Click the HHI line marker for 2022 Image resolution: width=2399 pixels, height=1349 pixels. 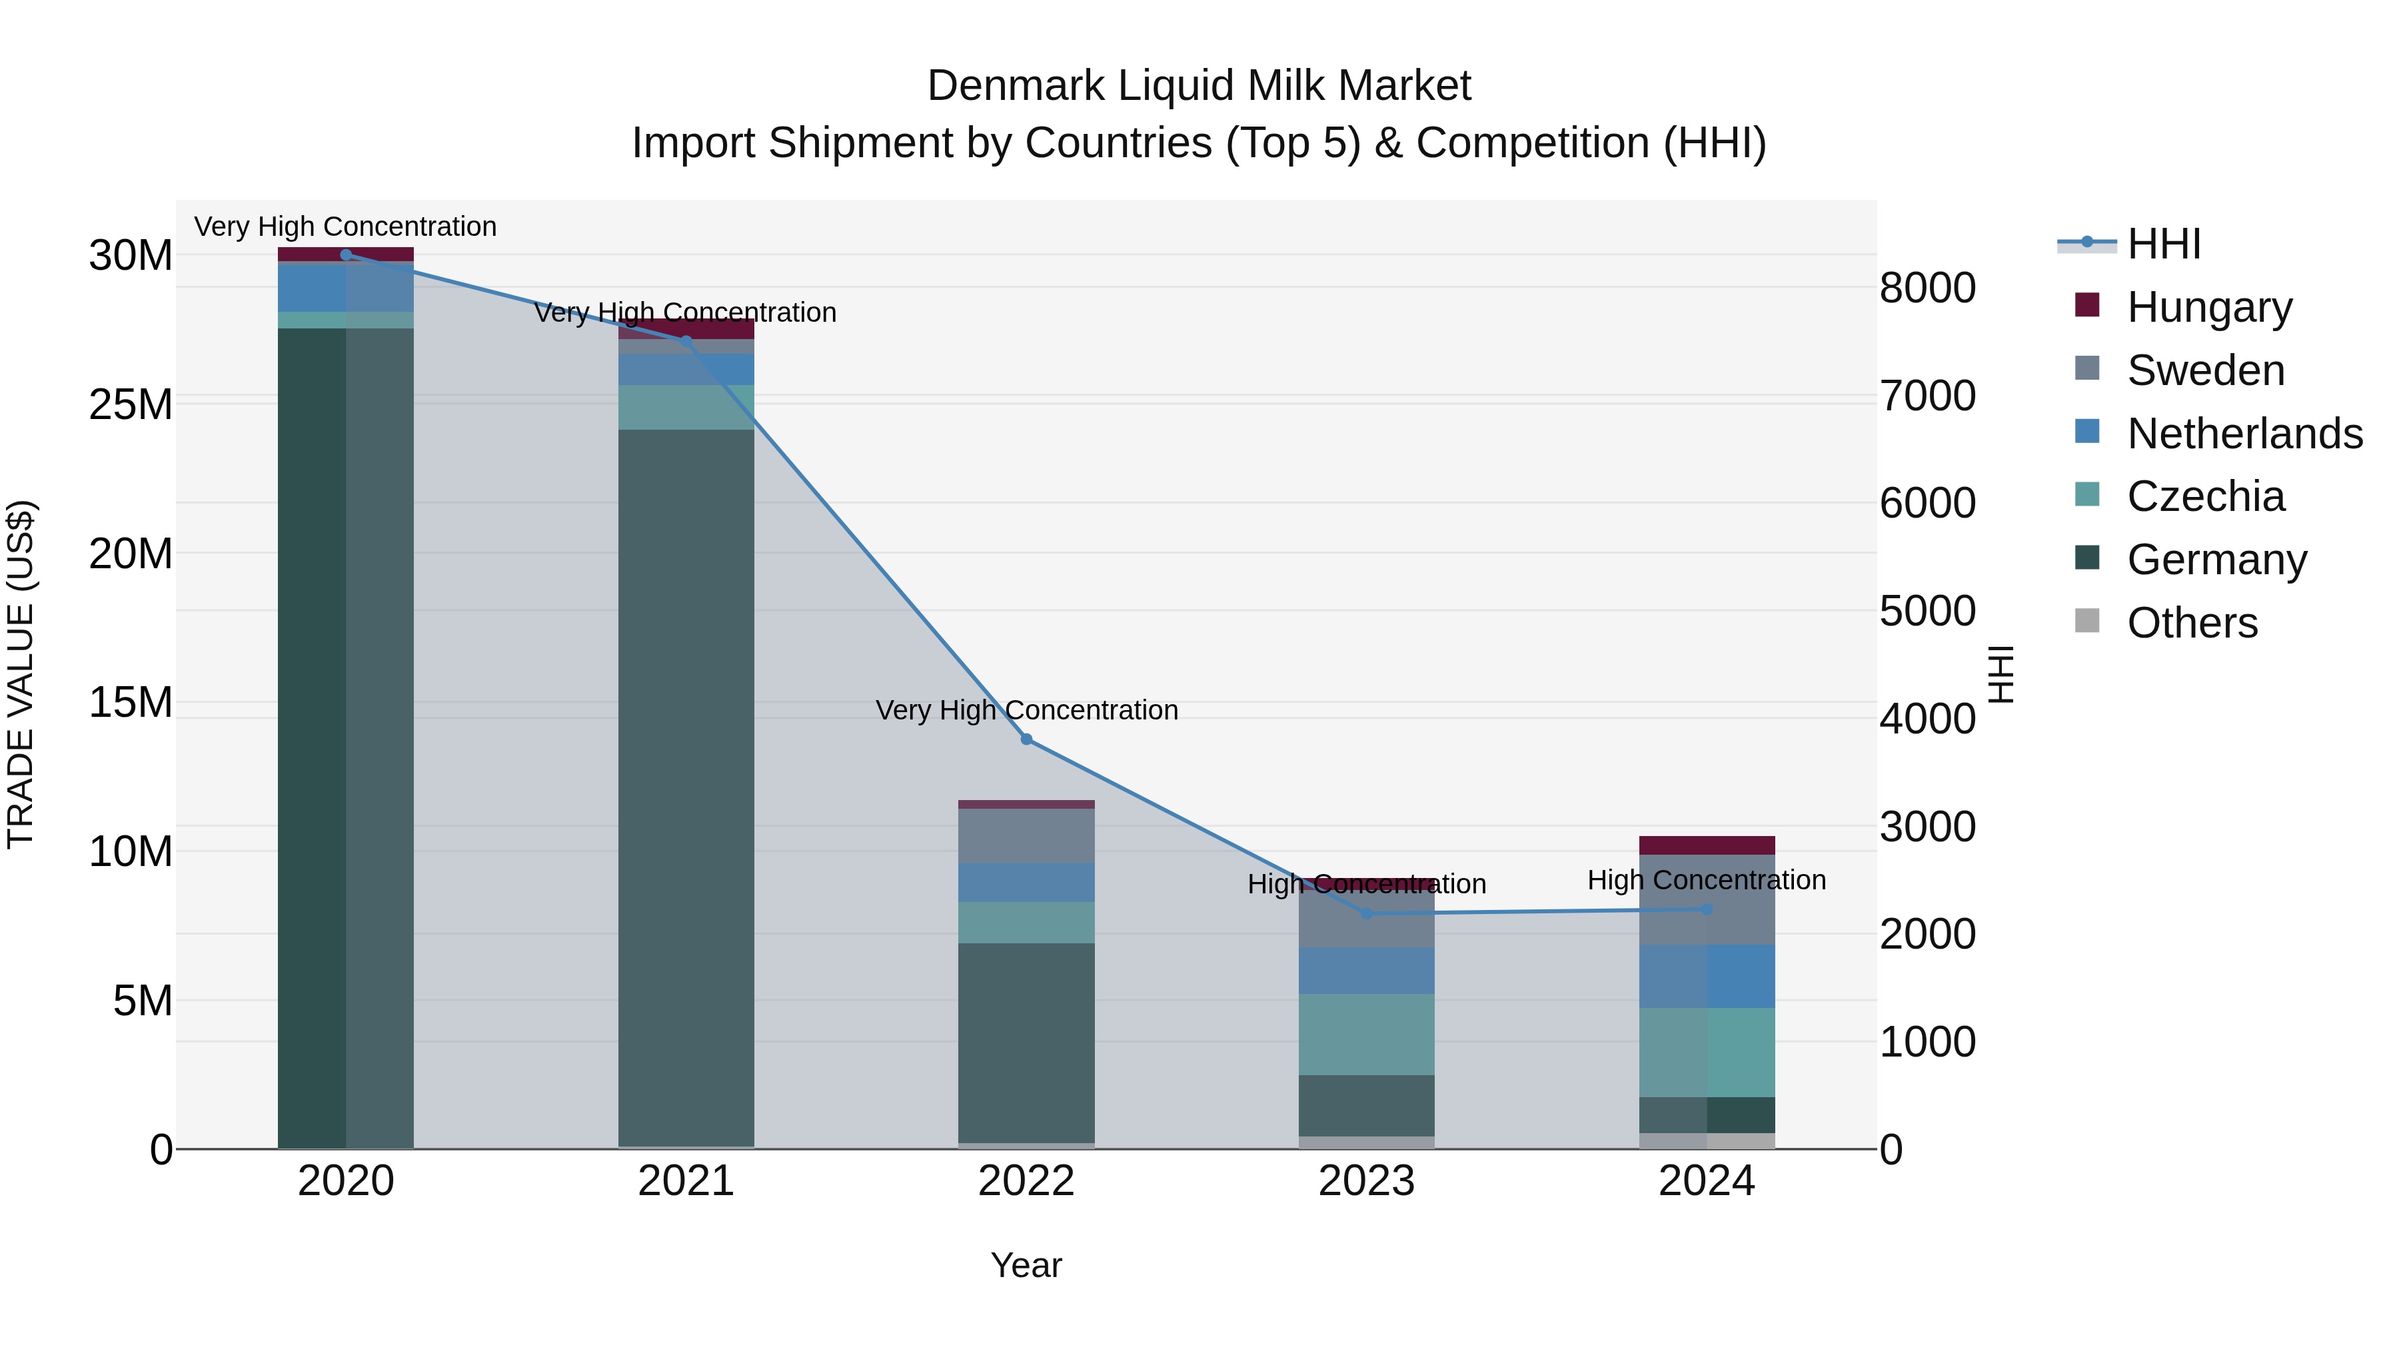(x=1026, y=739)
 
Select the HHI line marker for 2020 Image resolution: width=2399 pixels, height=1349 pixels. (x=345, y=254)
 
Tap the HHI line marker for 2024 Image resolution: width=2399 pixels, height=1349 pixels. (x=1707, y=909)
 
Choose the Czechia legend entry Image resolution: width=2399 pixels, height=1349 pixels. (x=2205, y=496)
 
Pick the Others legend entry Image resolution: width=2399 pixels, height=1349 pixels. (x=2192, y=623)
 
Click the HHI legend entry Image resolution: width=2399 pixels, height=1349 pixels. (x=2164, y=244)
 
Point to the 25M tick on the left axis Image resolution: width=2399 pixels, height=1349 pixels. (x=131, y=405)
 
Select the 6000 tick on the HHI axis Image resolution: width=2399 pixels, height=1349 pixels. (x=1927, y=503)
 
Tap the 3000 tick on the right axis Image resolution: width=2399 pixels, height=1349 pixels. (x=1927, y=827)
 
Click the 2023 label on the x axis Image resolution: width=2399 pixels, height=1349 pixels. (x=1366, y=1181)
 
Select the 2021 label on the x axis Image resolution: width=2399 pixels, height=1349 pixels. (x=686, y=1181)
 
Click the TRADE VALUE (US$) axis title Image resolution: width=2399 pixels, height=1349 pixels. (x=21, y=674)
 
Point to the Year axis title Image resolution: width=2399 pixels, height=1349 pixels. (x=1026, y=1265)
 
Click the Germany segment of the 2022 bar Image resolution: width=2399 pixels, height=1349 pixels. (x=1026, y=1043)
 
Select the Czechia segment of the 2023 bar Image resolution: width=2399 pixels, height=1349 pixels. (x=1366, y=1035)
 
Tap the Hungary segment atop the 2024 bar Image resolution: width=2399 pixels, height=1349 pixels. (x=1707, y=845)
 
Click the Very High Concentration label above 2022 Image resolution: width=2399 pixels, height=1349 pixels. (x=1026, y=710)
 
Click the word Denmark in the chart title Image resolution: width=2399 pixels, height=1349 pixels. (x=1015, y=86)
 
